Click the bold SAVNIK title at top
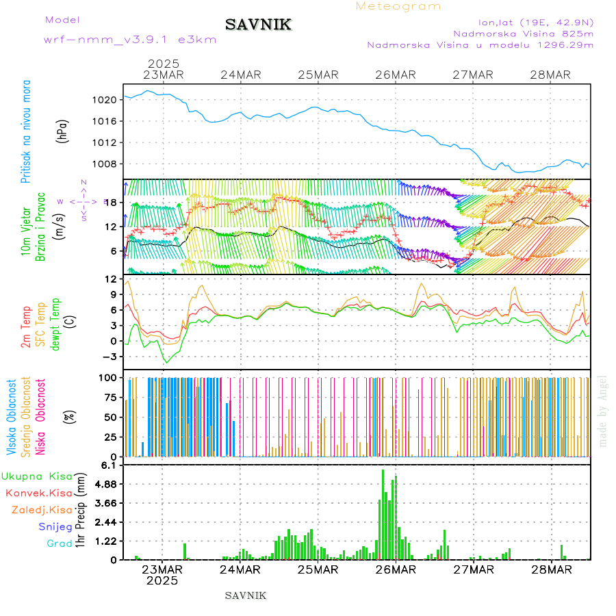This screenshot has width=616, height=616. click(x=258, y=25)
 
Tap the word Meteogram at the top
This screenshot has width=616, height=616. click(x=398, y=6)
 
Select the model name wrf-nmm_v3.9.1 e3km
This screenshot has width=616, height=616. click(x=130, y=40)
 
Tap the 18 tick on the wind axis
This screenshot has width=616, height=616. click(x=113, y=202)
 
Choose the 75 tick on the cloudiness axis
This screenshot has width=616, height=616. click(x=112, y=397)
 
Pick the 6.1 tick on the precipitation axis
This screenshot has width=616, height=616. click(x=110, y=465)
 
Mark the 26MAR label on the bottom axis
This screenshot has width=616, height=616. click(x=396, y=569)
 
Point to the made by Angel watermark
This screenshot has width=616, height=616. click(x=602, y=411)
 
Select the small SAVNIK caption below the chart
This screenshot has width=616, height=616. click(x=246, y=595)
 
